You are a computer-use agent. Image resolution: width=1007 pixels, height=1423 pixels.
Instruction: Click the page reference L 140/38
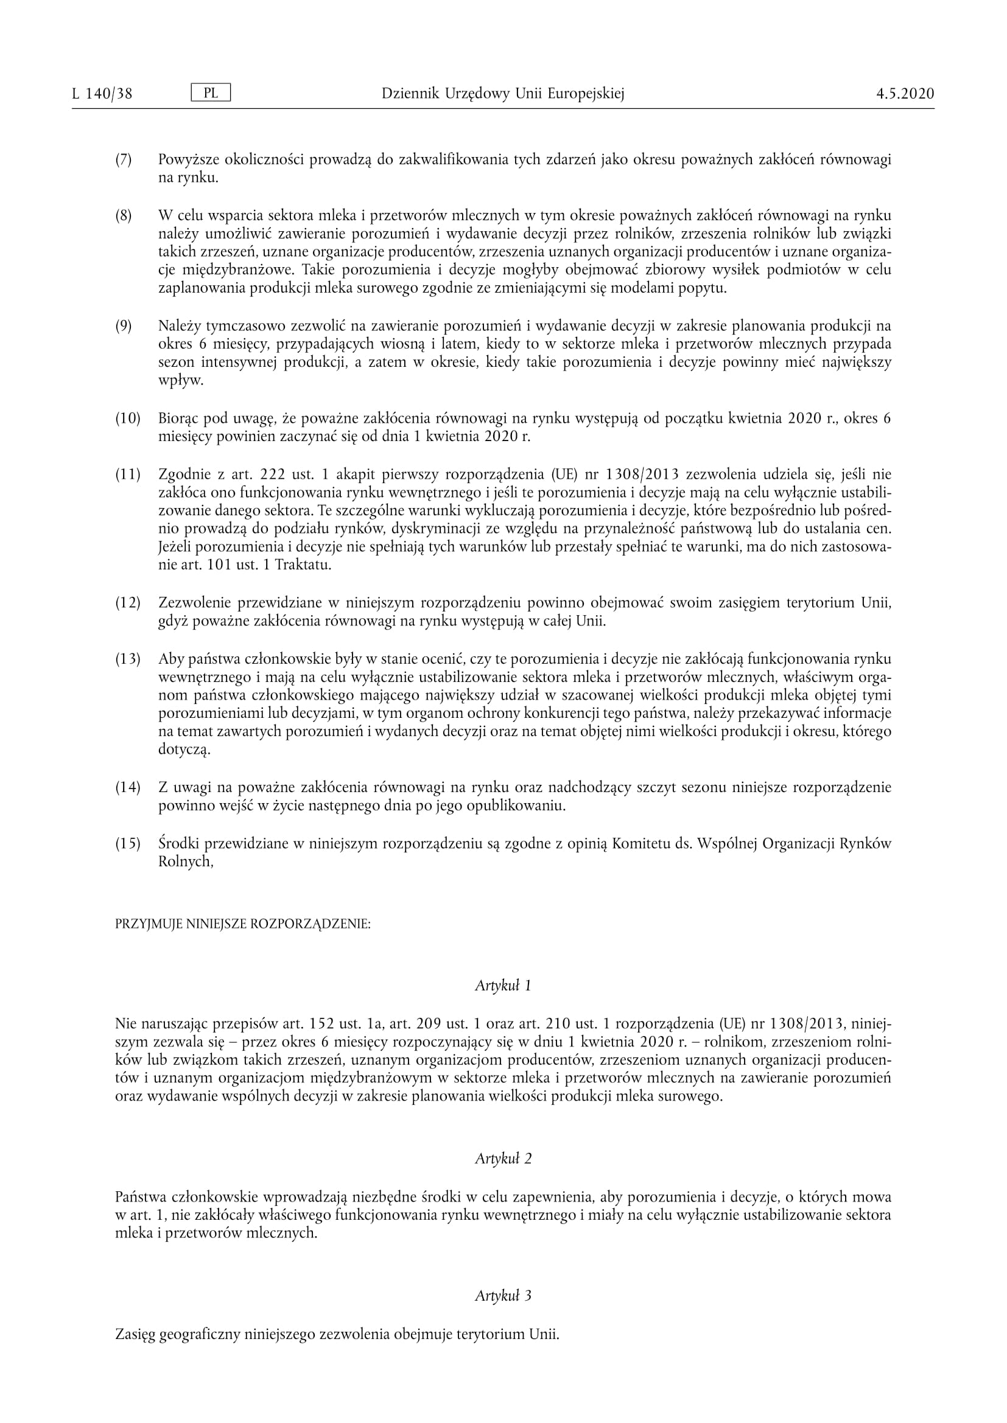tap(102, 94)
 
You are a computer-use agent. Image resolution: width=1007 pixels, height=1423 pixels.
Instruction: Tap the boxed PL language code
tap(211, 93)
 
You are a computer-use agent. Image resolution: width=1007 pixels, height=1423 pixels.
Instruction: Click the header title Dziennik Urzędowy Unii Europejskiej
tap(503, 94)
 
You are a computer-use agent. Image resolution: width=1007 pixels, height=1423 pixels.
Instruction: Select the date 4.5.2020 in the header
tap(905, 94)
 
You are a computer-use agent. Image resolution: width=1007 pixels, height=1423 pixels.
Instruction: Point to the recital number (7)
tap(124, 160)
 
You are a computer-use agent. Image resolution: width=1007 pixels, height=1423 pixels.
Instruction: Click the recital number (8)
tap(124, 216)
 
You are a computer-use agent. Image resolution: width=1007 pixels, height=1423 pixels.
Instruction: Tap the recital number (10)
tap(128, 419)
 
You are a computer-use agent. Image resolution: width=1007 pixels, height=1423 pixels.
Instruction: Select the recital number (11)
tap(128, 475)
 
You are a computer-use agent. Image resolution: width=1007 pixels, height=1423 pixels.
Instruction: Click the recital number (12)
tap(128, 602)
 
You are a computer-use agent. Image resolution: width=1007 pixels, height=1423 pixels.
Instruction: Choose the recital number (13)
tap(128, 659)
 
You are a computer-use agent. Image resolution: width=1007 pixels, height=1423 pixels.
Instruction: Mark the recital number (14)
tap(128, 788)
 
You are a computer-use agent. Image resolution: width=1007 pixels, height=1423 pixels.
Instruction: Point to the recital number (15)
tap(128, 843)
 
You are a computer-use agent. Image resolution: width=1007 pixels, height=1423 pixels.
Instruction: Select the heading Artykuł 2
tap(503, 1158)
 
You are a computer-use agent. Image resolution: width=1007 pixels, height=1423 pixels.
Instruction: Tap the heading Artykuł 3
tap(503, 1295)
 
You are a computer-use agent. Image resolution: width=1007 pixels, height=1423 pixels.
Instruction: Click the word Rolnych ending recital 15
tap(186, 862)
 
